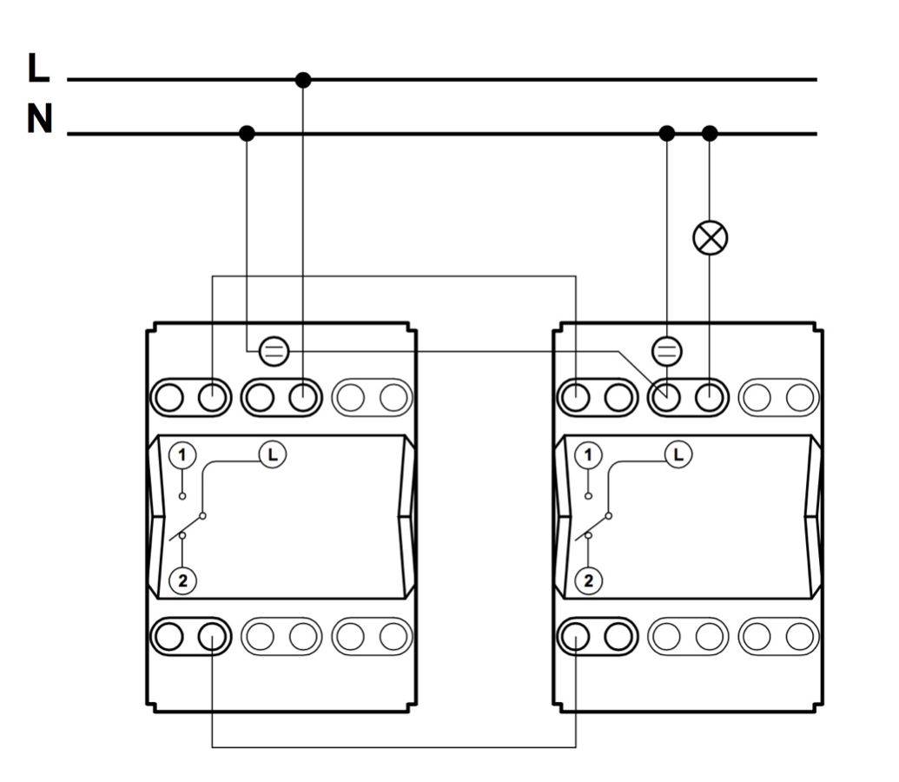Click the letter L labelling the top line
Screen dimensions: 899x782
pyautogui.click(x=38, y=68)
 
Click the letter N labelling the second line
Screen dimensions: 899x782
pyautogui.click(x=40, y=119)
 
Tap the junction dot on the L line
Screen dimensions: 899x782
pyautogui.click(x=303, y=80)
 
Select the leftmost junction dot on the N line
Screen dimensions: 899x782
pyautogui.click(x=247, y=134)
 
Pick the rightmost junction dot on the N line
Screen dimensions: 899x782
pyautogui.click(x=710, y=134)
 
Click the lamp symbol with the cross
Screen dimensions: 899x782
pyautogui.click(x=711, y=237)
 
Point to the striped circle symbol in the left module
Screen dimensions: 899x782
pyautogui.click(x=274, y=351)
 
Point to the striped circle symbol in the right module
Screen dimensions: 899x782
pyautogui.click(x=667, y=351)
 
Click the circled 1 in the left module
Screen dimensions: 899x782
pyautogui.click(x=182, y=455)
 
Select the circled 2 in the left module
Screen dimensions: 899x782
pyautogui.click(x=182, y=580)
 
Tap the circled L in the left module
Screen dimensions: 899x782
pyautogui.click(x=273, y=455)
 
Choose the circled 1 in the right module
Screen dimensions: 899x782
pyautogui.click(x=588, y=455)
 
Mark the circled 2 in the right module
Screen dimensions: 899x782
pyautogui.click(x=588, y=580)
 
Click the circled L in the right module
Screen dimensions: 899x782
pyautogui.click(x=678, y=455)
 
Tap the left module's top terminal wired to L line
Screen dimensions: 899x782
pyautogui.click(x=303, y=398)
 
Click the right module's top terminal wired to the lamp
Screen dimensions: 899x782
pyautogui.click(x=710, y=398)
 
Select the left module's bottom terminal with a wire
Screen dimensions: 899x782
pyautogui.click(x=212, y=636)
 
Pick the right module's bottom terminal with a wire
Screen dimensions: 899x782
pyautogui.click(x=575, y=636)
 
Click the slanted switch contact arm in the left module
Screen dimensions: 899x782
pyautogui.click(x=187, y=527)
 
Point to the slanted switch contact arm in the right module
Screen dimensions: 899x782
pyautogui.click(x=592, y=527)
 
